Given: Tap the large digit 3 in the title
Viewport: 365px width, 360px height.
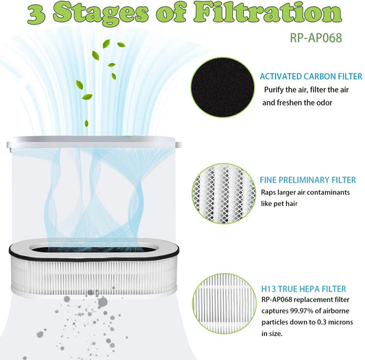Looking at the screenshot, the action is pyautogui.click(x=37, y=14).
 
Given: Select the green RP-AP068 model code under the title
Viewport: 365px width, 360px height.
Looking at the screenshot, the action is pyautogui.click(x=316, y=38).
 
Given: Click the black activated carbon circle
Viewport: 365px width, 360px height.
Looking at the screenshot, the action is pyautogui.click(x=223, y=88).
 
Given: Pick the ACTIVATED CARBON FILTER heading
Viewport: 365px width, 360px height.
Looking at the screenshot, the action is pyautogui.click(x=311, y=77).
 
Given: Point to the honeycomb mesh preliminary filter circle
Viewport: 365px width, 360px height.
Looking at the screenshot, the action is pyautogui.click(x=224, y=194).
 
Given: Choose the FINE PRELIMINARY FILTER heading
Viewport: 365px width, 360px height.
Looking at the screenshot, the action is pyautogui.click(x=307, y=180).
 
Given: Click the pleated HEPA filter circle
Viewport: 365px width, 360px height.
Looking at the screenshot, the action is pyautogui.click(x=225, y=303).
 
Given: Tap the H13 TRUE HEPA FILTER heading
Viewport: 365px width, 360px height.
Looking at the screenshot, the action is pyautogui.click(x=303, y=289).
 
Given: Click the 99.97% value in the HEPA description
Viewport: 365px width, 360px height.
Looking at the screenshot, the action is pyautogui.click(x=301, y=311).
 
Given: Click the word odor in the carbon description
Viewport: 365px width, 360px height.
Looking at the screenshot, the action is pyautogui.click(x=323, y=103).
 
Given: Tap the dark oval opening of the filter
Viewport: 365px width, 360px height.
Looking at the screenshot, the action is pyautogui.click(x=93, y=249).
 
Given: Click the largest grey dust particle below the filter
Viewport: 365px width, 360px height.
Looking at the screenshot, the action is pyautogui.click(x=103, y=302).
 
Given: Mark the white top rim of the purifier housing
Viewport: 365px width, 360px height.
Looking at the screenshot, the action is pyautogui.click(x=94, y=142).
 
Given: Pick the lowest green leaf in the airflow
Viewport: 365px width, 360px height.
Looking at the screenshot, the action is pyautogui.click(x=86, y=123).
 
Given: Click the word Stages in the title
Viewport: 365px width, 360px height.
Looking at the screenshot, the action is pyautogui.click(x=101, y=14).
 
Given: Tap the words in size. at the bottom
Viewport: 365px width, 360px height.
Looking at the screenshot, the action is pyautogui.click(x=272, y=334).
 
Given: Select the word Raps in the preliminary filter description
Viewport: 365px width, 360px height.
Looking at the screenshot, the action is pyautogui.click(x=268, y=192).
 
